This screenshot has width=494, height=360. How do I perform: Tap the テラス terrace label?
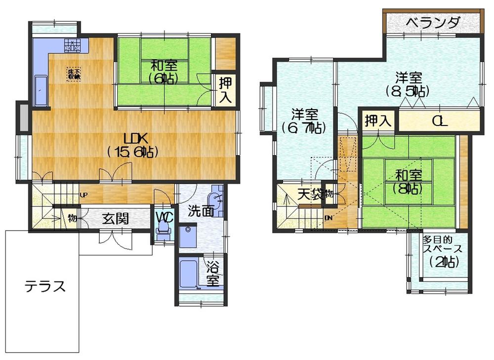pos(45,286)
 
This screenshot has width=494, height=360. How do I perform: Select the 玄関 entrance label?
pos(116,218)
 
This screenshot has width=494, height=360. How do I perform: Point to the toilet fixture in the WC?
pos(163,232)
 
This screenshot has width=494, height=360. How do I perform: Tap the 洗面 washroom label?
pos(201,211)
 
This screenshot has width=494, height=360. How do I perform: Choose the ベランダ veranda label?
pos(433,22)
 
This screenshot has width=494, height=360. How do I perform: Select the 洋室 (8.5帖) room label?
pos(408,84)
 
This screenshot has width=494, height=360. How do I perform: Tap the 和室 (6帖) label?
pos(164,72)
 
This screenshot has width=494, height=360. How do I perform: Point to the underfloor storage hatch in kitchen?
pos(74,74)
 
